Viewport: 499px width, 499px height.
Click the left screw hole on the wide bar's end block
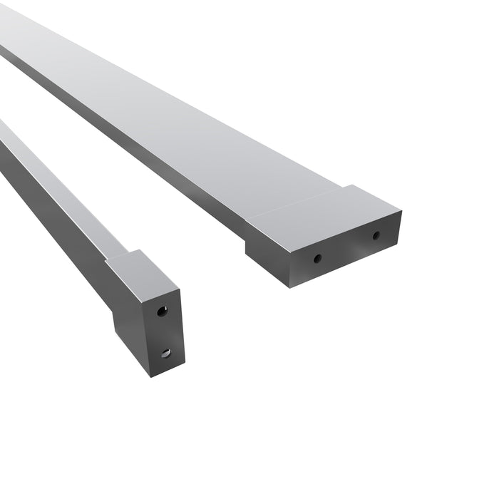(x=317, y=258)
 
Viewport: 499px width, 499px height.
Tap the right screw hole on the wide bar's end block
(x=376, y=235)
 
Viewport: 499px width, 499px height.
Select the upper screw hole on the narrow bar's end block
(x=163, y=311)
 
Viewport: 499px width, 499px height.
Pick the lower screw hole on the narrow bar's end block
(x=165, y=352)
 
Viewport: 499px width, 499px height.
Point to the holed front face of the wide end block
(x=346, y=249)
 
